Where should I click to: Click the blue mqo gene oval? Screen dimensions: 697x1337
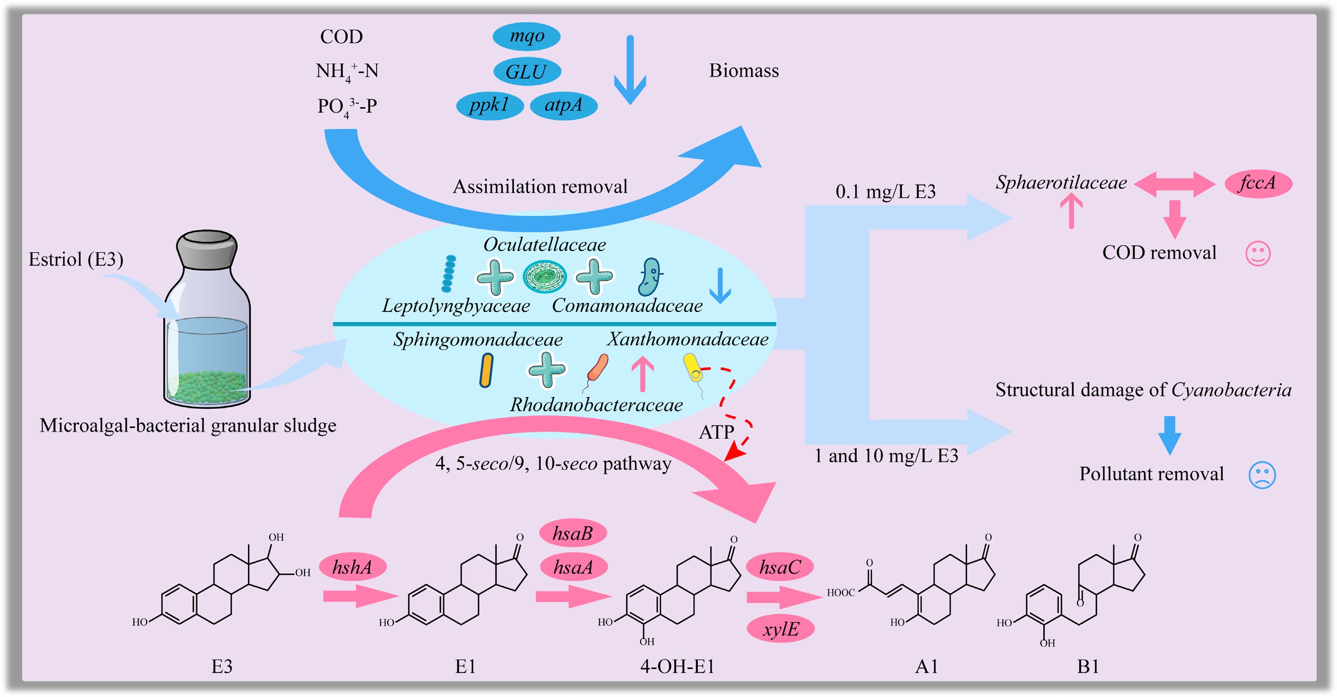527,36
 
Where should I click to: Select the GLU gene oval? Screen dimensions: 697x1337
527,71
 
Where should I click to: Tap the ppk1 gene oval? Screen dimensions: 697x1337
490,105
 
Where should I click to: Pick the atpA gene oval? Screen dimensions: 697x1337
563,105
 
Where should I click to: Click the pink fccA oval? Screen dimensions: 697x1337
1258,183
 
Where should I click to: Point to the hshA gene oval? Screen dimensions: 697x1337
352,567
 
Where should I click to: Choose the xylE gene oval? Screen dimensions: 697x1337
780,629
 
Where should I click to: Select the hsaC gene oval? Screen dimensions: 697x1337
779,567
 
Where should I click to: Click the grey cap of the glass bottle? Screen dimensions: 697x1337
207,248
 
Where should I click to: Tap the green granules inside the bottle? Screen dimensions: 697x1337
207,387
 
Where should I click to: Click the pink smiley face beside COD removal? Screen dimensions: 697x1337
1258,254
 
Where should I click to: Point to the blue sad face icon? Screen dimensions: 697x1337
1262,474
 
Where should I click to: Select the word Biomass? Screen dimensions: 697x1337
744,70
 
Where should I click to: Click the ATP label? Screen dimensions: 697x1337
716,432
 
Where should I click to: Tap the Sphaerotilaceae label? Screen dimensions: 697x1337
1061,182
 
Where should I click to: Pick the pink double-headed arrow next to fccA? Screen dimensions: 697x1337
1175,184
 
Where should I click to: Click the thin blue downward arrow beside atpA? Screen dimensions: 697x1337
629,70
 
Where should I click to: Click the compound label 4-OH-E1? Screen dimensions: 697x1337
677,666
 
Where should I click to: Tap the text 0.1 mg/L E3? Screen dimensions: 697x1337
885,192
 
